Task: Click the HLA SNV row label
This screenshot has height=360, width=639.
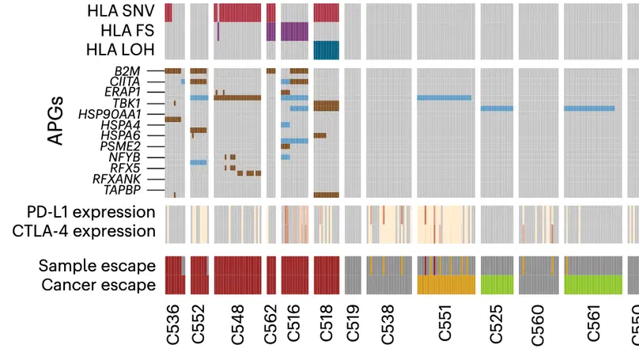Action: [121, 12]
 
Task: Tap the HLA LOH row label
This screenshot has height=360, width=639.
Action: [123, 50]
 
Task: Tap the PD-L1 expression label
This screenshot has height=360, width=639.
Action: [85, 212]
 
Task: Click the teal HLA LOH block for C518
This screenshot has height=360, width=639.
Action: [326, 50]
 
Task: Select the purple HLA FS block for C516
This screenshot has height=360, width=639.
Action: [294, 31]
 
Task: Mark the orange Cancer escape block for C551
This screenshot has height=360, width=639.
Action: [445, 284]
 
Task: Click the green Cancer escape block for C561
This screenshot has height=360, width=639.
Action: [589, 284]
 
